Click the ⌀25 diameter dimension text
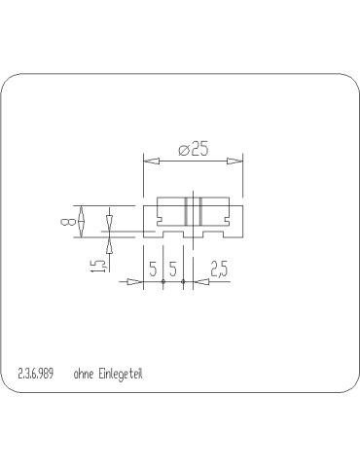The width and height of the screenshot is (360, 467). pos(194,149)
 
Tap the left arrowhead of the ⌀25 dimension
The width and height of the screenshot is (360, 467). pos(152,161)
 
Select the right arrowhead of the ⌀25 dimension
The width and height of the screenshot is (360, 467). pos(234,161)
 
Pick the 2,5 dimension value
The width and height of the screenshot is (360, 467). pos(220,269)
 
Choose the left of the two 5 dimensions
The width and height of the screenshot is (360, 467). pos(153,269)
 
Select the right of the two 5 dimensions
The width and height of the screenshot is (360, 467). pos(173,269)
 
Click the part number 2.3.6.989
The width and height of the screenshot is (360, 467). pos(36,374)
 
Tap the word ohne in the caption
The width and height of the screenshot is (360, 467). pos(83,374)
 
